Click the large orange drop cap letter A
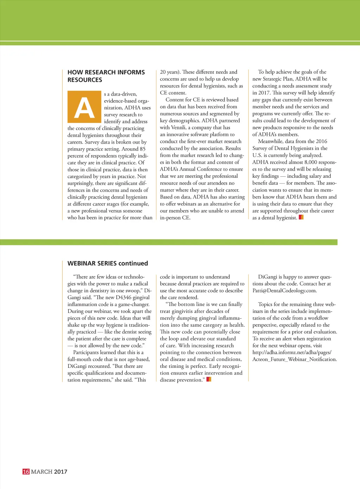point(84,107)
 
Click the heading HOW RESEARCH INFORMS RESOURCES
point(106,76)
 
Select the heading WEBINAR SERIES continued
point(108,263)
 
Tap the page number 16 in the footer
point(26,471)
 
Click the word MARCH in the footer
point(41,471)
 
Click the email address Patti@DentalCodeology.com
point(284,291)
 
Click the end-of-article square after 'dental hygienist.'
point(301,217)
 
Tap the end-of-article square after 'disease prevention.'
point(208,379)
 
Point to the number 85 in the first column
point(142,149)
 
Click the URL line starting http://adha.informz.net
point(292,352)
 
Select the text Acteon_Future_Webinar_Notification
point(295,359)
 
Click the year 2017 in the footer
point(60,471)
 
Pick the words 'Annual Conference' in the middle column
point(201,169)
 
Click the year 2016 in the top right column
point(321,142)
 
